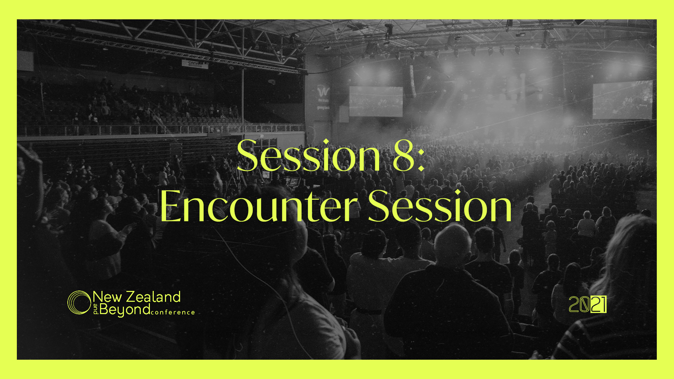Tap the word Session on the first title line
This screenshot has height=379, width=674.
pyautogui.click(x=309, y=155)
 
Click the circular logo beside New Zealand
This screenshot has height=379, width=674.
pyautogui.click(x=79, y=302)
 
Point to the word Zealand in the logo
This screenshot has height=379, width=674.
pyautogui.click(x=153, y=297)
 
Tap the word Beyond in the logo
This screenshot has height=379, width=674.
pyautogui.click(x=125, y=310)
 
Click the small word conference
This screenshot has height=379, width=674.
pyautogui.click(x=173, y=312)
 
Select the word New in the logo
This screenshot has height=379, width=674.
pyautogui.click(x=107, y=297)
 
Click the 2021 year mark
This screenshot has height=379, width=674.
pyautogui.click(x=587, y=304)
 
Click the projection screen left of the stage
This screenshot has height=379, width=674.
pyautogui.click(x=376, y=101)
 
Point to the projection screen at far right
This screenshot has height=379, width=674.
pyautogui.click(x=622, y=100)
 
